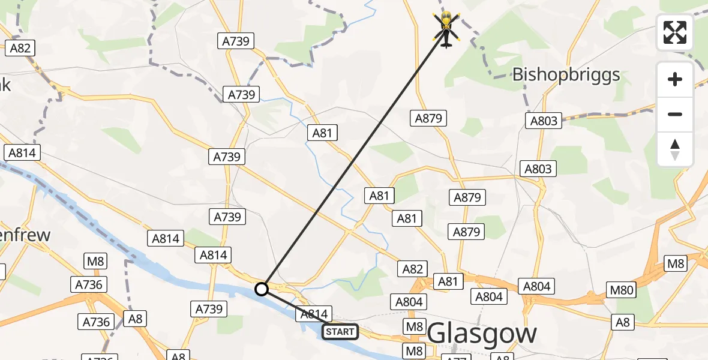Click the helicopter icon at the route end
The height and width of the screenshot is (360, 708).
(446, 28)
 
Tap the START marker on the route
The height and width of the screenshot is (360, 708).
(340, 331)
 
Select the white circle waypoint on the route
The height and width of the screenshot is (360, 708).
(261, 289)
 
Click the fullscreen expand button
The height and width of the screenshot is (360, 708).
(675, 32)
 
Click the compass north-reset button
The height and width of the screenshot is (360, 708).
(675, 149)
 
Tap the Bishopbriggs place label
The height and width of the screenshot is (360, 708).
(565, 75)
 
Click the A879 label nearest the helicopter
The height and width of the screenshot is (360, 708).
(428, 118)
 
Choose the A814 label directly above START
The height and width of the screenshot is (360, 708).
(313, 313)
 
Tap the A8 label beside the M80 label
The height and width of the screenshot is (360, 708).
(623, 322)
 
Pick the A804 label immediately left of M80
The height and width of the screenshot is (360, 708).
(536, 287)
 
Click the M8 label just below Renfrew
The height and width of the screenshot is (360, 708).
(95, 261)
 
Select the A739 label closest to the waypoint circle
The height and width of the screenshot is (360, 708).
(209, 309)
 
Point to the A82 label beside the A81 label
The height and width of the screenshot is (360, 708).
(412, 269)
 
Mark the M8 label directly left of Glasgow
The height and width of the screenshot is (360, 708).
(414, 326)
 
